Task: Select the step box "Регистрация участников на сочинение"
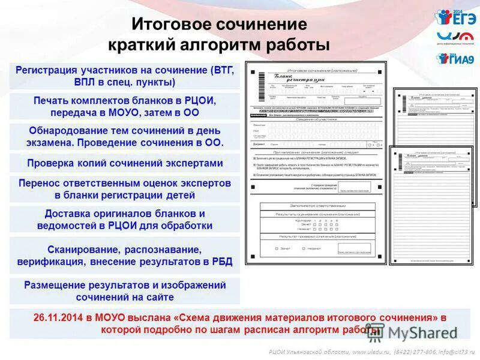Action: (125, 76)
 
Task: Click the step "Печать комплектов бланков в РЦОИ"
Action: (125, 106)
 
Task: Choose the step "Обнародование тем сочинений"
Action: (125, 136)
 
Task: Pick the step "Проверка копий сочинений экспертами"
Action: (125, 163)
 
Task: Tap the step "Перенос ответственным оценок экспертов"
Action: (125, 188)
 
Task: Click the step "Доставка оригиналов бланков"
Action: (125, 220)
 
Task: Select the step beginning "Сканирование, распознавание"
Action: (125, 255)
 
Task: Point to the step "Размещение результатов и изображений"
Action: (125, 290)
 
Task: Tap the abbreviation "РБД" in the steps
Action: (220, 262)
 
